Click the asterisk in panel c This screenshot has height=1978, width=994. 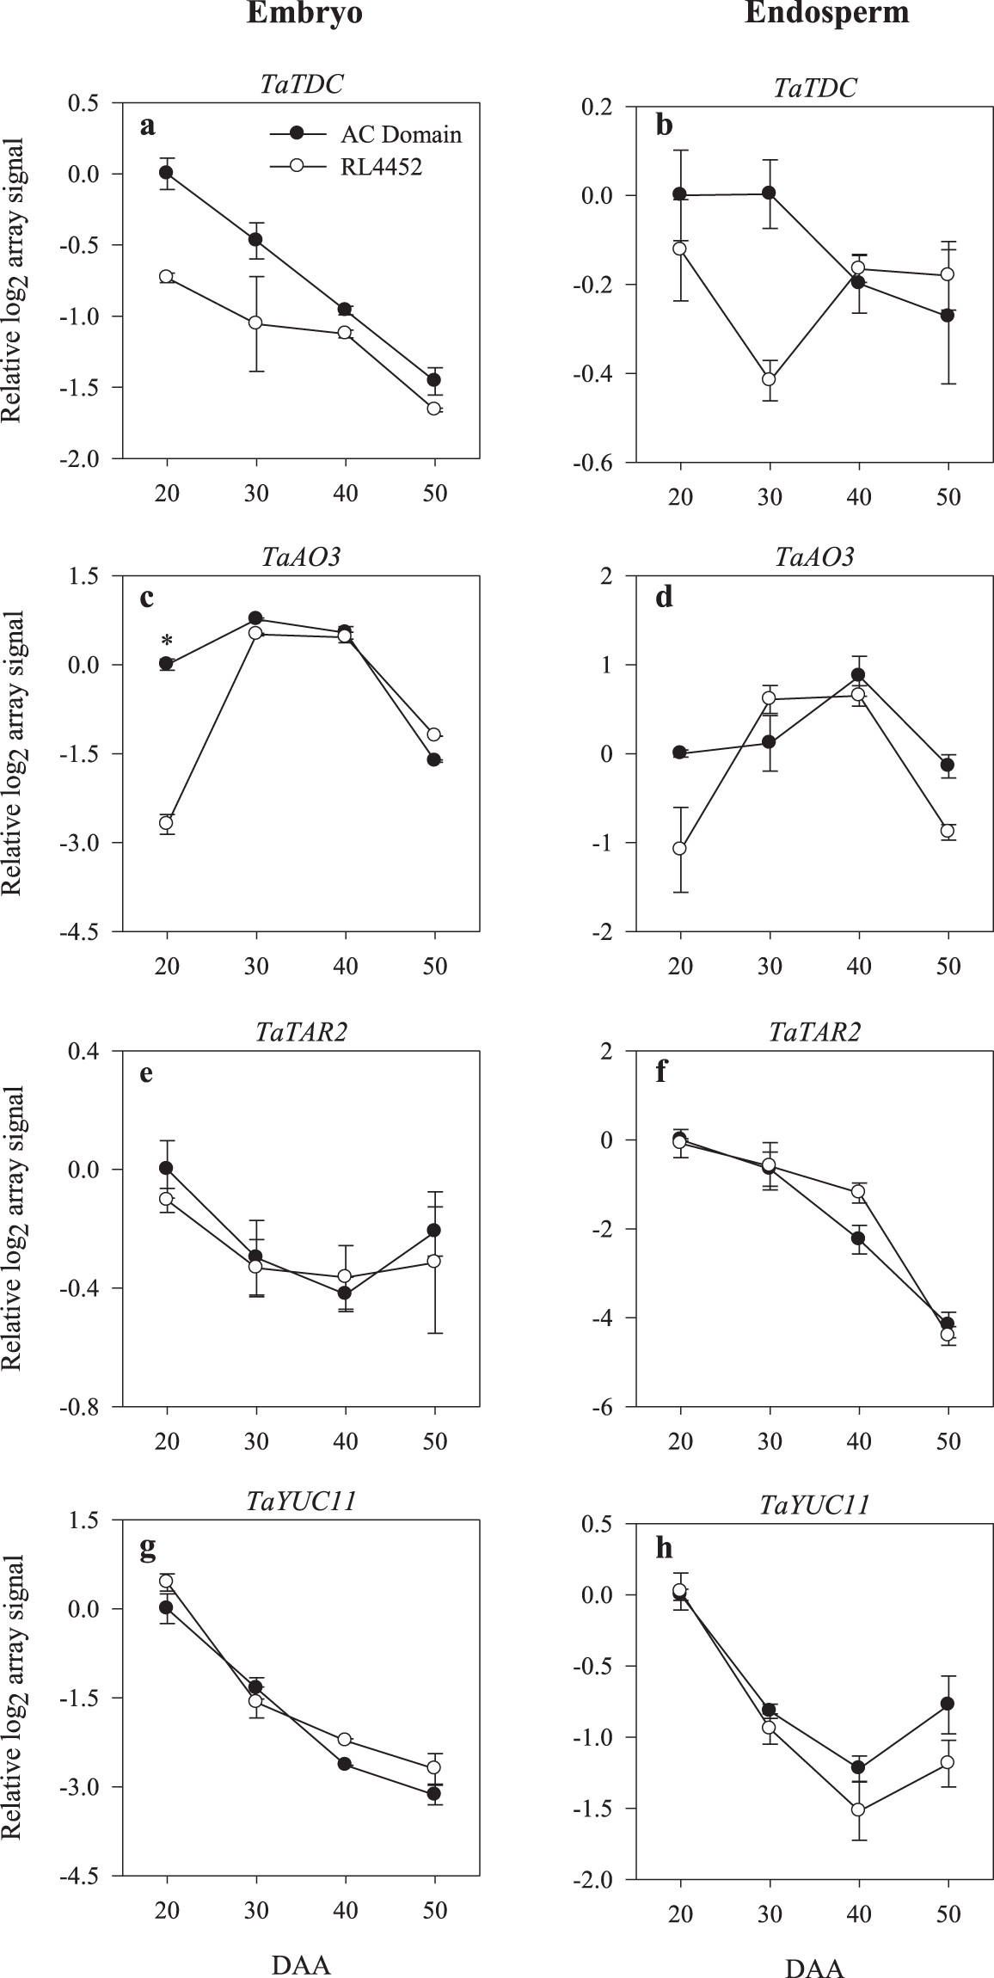point(168,642)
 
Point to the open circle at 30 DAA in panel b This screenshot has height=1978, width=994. point(770,379)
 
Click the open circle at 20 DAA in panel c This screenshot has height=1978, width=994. point(168,823)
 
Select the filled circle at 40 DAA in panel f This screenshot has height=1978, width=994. point(858,1238)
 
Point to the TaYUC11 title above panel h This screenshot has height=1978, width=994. point(814,1506)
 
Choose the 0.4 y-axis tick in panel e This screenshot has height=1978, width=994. point(84,1051)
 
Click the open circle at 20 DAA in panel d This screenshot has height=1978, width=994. point(680,848)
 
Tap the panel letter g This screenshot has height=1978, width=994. point(148,1545)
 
